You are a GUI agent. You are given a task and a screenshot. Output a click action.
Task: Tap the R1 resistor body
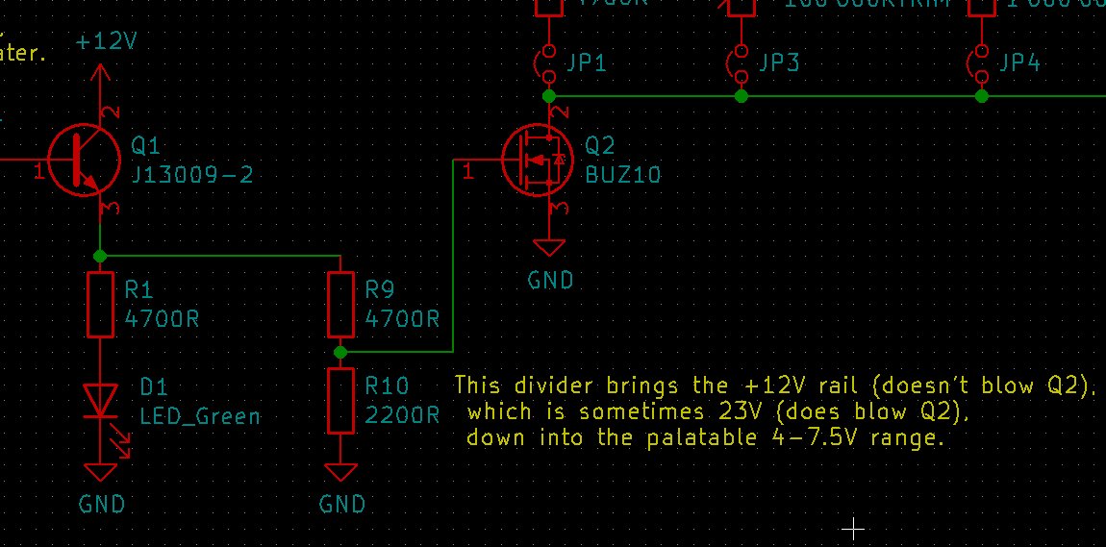coord(100,304)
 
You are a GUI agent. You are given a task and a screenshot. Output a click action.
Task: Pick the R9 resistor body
coord(340,304)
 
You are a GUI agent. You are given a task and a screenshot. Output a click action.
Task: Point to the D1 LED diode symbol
coord(100,402)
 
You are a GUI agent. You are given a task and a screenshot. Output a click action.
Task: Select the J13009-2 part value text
coord(192,175)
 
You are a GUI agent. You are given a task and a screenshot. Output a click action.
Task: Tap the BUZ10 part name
coord(623,175)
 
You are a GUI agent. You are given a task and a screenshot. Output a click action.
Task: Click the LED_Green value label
coord(200,416)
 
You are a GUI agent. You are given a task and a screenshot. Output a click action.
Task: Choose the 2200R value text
coord(402,416)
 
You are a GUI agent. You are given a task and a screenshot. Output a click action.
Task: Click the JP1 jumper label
coord(587,63)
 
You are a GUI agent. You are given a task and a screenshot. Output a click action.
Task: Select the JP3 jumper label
coord(779,63)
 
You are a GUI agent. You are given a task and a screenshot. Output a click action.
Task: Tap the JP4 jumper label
coord(1019,63)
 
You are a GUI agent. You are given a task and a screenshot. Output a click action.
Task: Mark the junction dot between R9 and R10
coord(340,352)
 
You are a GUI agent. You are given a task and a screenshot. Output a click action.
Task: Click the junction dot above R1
coord(100,256)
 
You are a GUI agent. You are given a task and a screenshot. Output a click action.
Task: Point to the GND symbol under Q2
coord(549,248)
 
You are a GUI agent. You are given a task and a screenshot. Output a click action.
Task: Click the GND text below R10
coord(342,504)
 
